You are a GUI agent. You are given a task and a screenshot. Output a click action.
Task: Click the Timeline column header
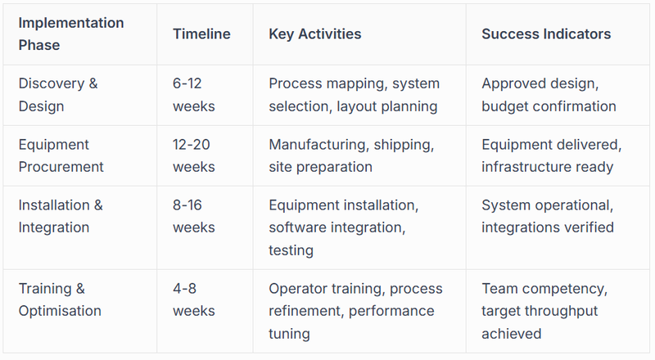click(201, 34)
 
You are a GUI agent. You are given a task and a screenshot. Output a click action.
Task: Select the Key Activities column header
click(314, 34)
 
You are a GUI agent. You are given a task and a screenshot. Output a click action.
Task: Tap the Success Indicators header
click(546, 34)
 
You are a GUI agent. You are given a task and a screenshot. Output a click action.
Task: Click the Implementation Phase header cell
click(70, 34)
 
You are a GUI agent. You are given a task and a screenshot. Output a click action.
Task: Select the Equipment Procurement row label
click(61, 155)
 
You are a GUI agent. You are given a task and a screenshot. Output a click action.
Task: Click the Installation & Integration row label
click(61, 216)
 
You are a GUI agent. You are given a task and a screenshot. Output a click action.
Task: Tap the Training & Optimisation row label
click(60, 299)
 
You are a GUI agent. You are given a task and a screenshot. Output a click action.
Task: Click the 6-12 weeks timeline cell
click(195, 95)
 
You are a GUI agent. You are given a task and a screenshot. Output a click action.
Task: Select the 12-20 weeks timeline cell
click(195, 155)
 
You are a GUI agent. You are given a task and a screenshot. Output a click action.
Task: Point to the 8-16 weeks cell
click(195, 216)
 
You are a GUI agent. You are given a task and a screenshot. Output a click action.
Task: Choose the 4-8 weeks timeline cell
click(195, 299)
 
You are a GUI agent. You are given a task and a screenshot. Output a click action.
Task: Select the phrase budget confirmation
click(549, 106)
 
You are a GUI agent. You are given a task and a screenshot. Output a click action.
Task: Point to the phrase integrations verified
click(548, 227)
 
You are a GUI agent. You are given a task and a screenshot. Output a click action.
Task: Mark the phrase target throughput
click(540, 311)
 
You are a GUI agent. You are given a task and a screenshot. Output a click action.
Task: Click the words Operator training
click(325, 289)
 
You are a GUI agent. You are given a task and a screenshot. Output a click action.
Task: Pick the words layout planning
click(387, 106)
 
